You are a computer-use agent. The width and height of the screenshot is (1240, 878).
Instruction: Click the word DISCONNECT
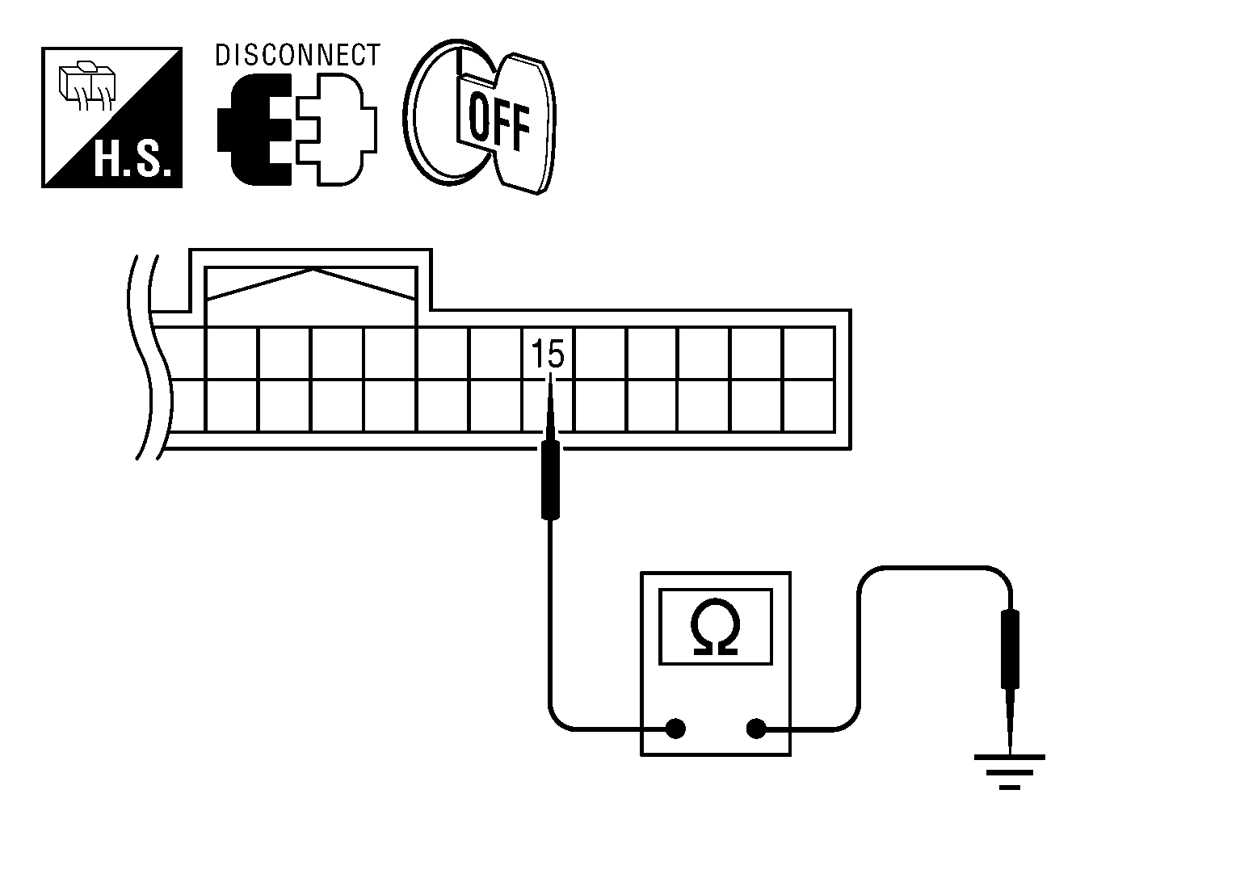pyautogui.click(x=297, y=55)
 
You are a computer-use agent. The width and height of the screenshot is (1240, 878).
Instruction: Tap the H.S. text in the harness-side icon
pyautogui.click(x=132, y=159)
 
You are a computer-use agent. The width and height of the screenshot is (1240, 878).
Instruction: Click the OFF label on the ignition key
pyautogui.click(x=498, y=122)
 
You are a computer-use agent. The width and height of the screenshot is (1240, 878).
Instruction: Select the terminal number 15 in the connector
pyautogui.click(x=548, y=354)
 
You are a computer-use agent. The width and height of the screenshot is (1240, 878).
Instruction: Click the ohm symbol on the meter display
pyautogui.click(x=715, y=627)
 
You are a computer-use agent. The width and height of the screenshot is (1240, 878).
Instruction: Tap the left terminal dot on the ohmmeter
pyautogui.click(x=675, y=729)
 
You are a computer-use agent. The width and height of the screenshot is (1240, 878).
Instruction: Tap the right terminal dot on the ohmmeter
pyautogui.click(x=756, y=729)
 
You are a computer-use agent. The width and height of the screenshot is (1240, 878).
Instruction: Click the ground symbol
pyautogui.click(x=1010, y=771)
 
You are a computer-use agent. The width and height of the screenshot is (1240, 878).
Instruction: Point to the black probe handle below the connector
pyautogui.click(x=549, y=480)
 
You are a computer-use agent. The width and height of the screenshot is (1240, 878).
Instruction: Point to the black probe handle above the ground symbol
pyautogui.click(x=1011, y=649)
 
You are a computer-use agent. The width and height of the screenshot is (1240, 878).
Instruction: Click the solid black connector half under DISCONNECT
pyautogui.click(x=254, y=129)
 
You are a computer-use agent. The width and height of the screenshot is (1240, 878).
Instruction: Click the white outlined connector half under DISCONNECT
pyautogui.click(x=336, y=129)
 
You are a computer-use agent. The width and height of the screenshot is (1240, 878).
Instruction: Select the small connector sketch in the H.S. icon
pyautogui.click(x=87, y=86)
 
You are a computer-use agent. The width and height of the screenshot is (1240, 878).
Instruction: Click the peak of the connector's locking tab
pyautogui.click(x=313, y=270)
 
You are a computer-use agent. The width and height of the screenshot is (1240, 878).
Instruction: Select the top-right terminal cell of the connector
pyautogui.click(x=809, y=354)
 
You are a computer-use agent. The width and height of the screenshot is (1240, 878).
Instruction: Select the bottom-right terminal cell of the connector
pyautogui.click(x=809, y=405)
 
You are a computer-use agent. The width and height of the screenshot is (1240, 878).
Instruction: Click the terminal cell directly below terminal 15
pyautogui.click(x=548, y=405)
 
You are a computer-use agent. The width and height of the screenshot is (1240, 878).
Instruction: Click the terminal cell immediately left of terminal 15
pyautogui.click(x=495, y=354)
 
